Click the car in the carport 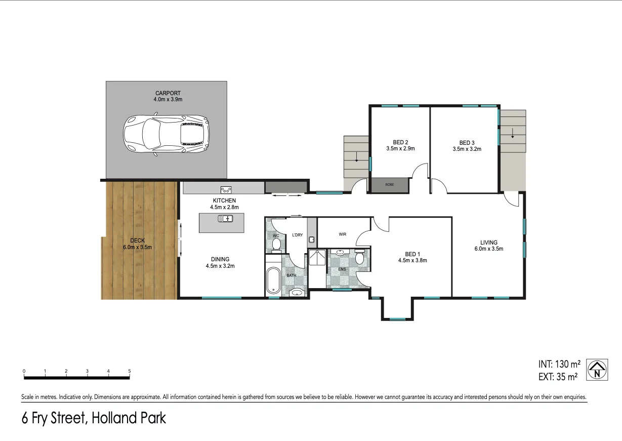[x=167, y=135]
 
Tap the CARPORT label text [x=168, y=93]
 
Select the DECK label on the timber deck [x=137, y=240]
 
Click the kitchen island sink [x=225, y=218]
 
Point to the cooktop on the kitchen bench [x=226, y=190]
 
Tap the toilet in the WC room [x=276, y=245]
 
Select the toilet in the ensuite [x=360, y=258]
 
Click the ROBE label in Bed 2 [x=389, y=185]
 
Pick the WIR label [x=343, y=234]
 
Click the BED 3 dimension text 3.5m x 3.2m [x=467, y=149]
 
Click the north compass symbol [x=597, y=370]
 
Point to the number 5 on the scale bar [x=130, y=371]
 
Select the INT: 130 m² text [x=559, y=364]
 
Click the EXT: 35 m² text [x=558, y=377]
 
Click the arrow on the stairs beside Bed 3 [x=513, y=134]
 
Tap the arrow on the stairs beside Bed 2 [x=356, y=156]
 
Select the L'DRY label [x=297, y=235]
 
